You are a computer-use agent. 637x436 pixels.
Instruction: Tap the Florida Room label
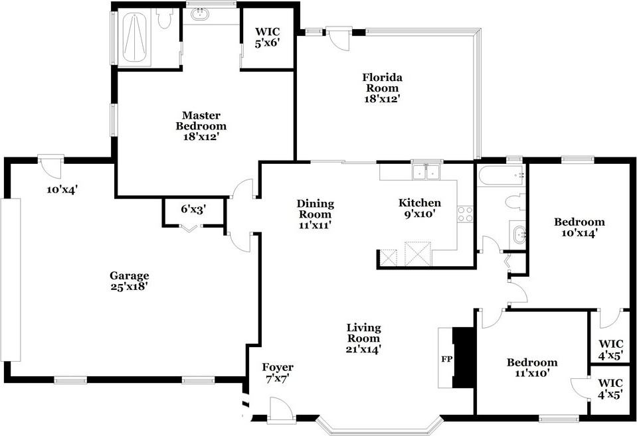click(x=383, y=82)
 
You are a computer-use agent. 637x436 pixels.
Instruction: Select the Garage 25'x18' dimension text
click(x=129, y=287)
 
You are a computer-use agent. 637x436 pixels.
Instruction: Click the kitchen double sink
click(x=426, y=172)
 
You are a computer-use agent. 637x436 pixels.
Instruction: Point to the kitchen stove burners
click(x=466, y=214)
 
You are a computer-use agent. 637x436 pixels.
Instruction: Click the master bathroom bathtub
click(x=134, y=38)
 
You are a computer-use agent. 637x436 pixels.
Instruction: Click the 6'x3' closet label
click(x=193, y=210)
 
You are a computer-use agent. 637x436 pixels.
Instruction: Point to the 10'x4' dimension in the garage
click(x=62, y=190)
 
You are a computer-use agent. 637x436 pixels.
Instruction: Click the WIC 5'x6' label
click(x=267, y=37)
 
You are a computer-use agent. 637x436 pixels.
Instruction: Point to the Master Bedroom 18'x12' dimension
click(x=201, y=137)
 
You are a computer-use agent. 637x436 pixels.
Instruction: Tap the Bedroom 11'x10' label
click(x=532, y=368)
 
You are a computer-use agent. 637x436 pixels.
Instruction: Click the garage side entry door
click(x=50, y=166)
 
